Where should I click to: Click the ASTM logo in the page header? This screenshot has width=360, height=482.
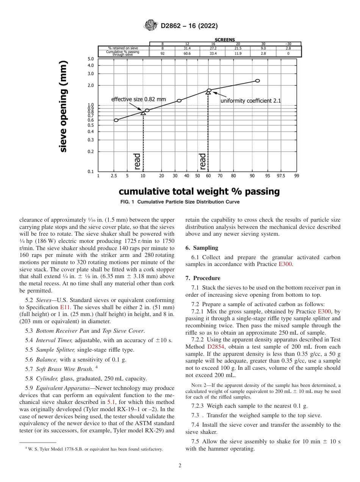151,26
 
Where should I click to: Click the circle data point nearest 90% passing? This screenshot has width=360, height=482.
258,81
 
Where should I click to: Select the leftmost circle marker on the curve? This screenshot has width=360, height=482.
116,120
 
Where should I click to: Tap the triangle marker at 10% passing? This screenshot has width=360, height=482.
143,113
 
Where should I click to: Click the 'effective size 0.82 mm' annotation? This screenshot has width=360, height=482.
138,99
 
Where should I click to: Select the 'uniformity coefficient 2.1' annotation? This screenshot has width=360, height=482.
250,101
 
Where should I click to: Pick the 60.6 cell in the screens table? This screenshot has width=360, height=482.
187,54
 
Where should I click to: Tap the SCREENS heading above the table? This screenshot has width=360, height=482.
225,40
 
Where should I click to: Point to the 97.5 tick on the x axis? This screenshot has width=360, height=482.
281,176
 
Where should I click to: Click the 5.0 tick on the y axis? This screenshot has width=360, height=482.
91,59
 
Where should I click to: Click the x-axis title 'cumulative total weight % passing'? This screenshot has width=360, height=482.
199,191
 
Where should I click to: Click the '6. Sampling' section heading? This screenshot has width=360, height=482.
202,248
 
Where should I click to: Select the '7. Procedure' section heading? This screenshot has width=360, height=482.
203,278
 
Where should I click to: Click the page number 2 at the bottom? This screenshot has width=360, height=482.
180,466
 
